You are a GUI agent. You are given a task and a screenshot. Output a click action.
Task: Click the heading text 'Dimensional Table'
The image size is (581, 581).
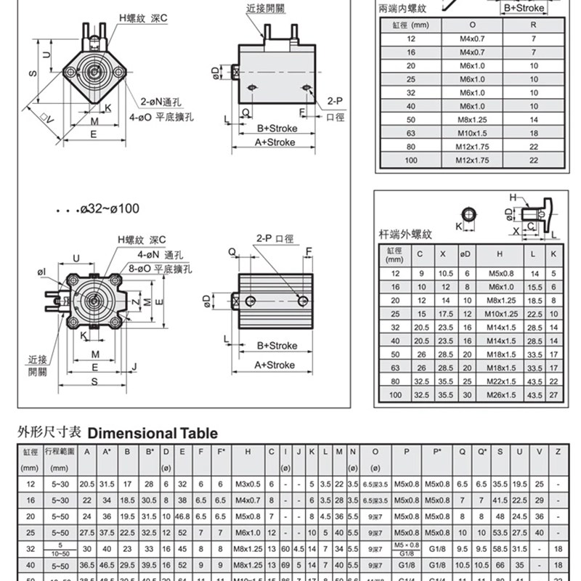point(153,434)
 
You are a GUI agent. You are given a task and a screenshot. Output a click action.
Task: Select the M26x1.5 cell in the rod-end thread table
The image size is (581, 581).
point(499,395)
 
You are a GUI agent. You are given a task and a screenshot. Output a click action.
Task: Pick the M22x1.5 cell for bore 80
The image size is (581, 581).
point(499,381)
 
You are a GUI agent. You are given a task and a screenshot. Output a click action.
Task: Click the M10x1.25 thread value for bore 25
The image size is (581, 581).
point(499,314)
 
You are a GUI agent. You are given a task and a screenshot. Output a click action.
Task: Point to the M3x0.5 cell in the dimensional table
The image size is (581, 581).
point(248,484)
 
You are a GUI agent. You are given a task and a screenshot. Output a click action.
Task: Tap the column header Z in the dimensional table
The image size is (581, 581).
point(558,451)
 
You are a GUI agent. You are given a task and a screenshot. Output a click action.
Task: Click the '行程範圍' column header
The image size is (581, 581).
point(57,451)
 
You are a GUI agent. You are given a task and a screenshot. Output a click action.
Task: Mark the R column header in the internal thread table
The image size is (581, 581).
point(534,24)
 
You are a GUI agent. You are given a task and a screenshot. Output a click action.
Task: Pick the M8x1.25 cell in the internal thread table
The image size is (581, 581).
point(471,119)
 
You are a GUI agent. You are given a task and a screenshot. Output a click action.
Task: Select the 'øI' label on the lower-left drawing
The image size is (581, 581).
point(41,271)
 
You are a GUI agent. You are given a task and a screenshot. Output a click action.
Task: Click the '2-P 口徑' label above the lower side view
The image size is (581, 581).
point(275,237)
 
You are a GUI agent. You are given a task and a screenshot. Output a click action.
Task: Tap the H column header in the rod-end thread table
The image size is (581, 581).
point(499,255)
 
